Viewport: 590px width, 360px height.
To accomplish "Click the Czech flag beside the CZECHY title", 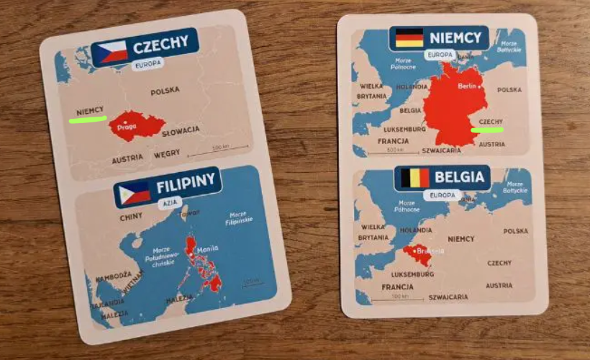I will pos(114,51).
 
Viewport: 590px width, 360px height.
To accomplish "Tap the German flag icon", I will pos(409,37).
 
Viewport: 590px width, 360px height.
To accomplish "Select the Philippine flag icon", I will pos(135,192).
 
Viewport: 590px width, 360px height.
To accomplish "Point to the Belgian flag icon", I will pos(414,177).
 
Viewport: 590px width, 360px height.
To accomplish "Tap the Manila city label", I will pos(207,249).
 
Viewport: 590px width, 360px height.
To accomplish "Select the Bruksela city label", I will pos(430,251).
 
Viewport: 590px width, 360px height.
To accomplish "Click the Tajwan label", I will pos(189,213).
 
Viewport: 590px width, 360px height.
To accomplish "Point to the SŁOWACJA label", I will pos(181,132).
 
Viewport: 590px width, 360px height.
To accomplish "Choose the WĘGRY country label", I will pos(166,154).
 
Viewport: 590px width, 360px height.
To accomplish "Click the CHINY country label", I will pos(131,216).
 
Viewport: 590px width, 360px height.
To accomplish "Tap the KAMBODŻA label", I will pos(113,275).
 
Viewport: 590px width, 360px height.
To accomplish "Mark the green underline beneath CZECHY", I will pos(486,130).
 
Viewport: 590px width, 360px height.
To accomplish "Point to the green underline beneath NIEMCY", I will pos(88,119).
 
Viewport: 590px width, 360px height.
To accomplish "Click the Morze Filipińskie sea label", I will pos(237,217).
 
